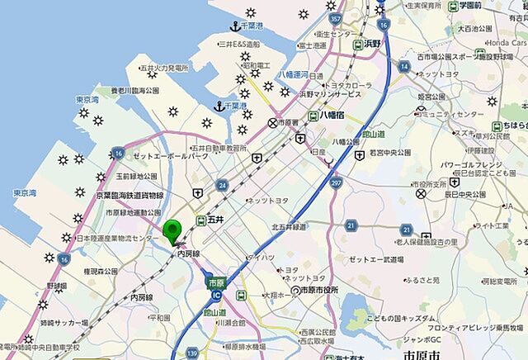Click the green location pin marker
(172, 231)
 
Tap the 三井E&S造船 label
(239, 44)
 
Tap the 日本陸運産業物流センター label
(115, 239)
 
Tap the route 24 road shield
(222, 186)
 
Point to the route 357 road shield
(334, 17)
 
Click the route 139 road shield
(191, 352)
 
